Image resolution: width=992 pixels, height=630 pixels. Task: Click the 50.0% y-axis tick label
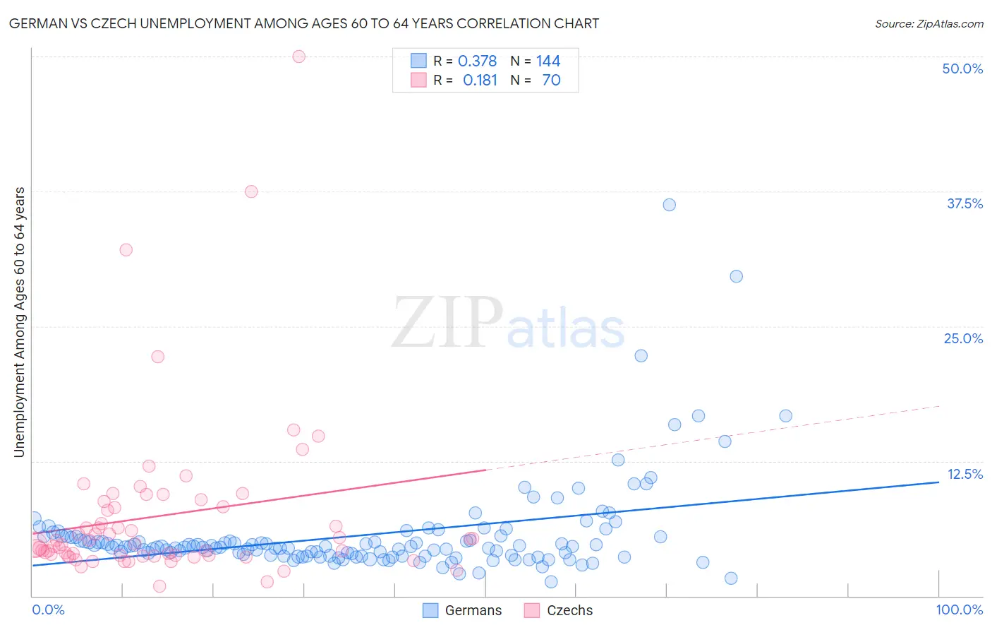[962, 69]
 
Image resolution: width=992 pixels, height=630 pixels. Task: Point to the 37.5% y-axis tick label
[964, 203]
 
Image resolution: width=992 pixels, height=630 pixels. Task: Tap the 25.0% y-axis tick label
[963, 338]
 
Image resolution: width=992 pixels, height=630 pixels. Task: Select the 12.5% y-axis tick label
[964, 474]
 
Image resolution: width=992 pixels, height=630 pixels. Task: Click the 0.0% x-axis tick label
[48, 610]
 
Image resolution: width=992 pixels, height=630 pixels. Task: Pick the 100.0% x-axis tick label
[959, 610]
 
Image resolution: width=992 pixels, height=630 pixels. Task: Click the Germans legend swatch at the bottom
[430, 610]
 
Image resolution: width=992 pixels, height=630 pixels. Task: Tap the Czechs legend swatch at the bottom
[532, 610]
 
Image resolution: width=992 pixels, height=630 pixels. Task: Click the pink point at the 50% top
[298, 57]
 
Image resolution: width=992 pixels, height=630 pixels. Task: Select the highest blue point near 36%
[670, 205]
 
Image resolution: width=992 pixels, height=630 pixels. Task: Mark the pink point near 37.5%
[251, 191]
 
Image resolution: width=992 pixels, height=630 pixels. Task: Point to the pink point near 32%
[126, 249]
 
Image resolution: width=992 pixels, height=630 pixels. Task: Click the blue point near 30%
[736, 276]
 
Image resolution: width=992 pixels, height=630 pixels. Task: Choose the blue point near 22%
[641, 355]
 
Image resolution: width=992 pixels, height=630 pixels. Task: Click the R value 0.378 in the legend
[477, 61]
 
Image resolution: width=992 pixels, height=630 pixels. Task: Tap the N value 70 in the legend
[551, 81]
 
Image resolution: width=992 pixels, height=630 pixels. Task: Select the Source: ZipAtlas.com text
[929, 23]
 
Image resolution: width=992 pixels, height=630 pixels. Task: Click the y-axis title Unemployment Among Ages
[19, 322]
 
